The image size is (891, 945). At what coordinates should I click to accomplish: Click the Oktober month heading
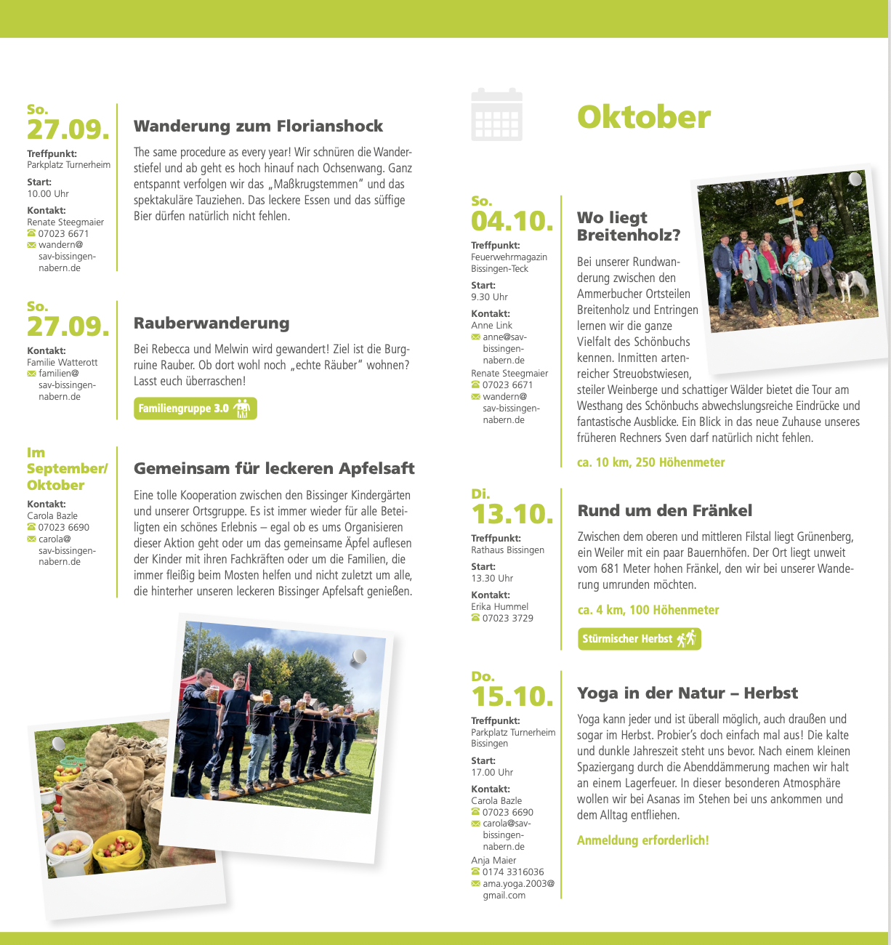click(x=643, y=118)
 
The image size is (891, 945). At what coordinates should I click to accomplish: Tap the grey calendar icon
click(x=496, y=115)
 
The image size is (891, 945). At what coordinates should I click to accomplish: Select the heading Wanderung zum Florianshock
click(x=258, y=126)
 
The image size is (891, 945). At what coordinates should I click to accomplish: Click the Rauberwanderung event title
click(x=211, y=323)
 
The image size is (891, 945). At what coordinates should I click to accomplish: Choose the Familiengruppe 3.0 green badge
click(x=195, y=409)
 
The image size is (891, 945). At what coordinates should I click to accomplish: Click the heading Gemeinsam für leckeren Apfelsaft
click(x=274, y=469)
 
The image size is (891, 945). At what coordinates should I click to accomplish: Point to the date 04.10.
click(x=512, y=221)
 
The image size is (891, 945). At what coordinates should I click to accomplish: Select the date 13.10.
click(x=512, y=514)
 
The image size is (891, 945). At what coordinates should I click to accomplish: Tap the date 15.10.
click(x=512, y=696)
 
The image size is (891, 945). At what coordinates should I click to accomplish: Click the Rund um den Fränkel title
click(x=664, y=511)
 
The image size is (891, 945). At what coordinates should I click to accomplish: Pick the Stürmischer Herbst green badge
click(x=639, y=639)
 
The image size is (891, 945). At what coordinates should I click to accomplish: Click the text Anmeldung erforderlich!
click(x=642, y=841)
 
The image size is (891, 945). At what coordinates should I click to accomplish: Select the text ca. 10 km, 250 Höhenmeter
click(x=650, y=462)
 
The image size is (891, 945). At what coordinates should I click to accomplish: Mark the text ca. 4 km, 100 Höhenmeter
click(x=648, y=611)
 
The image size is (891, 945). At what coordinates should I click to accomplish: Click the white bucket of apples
click(x=70, y=853)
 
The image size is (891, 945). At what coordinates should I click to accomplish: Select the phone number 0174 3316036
click(x=512, y=872)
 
